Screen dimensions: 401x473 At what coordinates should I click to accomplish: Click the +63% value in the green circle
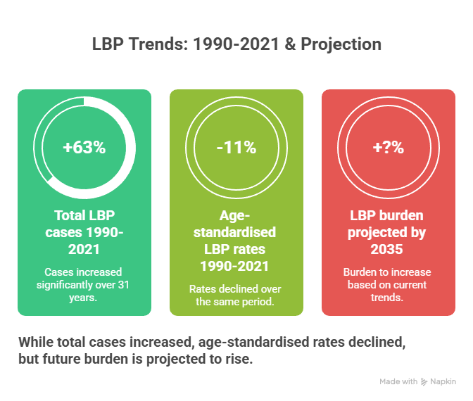point(84,148)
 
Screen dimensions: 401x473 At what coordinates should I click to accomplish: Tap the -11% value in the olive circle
point(236,148)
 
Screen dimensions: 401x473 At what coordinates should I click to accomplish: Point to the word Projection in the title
point(342,44)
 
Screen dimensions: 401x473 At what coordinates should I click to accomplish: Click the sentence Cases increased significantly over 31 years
point(84,284)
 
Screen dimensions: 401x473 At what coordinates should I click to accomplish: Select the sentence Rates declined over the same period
point(236,295)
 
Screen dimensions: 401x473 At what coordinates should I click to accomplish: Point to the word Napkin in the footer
point(443,381)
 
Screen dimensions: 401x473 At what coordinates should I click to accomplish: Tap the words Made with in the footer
point(398,381)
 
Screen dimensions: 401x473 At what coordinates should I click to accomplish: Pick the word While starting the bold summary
point(35,343)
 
